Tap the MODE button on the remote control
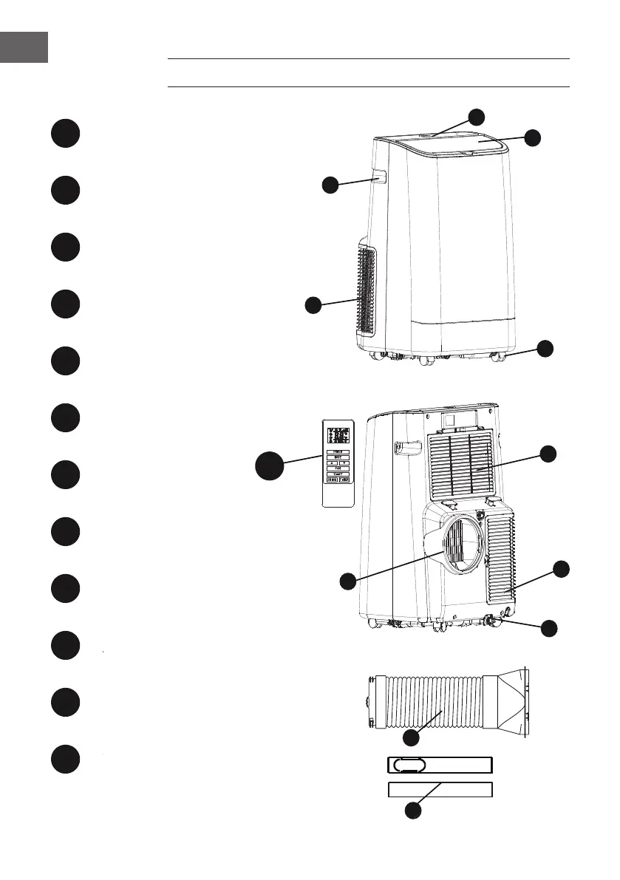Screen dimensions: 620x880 pos(338,457)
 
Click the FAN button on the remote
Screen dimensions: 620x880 pos(338,468)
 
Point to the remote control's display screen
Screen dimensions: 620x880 pos(338,434)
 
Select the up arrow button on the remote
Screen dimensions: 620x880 pos(332,463)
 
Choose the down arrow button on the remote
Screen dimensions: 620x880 pos(345,463)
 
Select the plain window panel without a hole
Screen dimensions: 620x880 pos(440,789)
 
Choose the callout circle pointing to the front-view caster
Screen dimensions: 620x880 pos(545,349)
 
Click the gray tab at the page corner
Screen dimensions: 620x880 pos(24,47)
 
